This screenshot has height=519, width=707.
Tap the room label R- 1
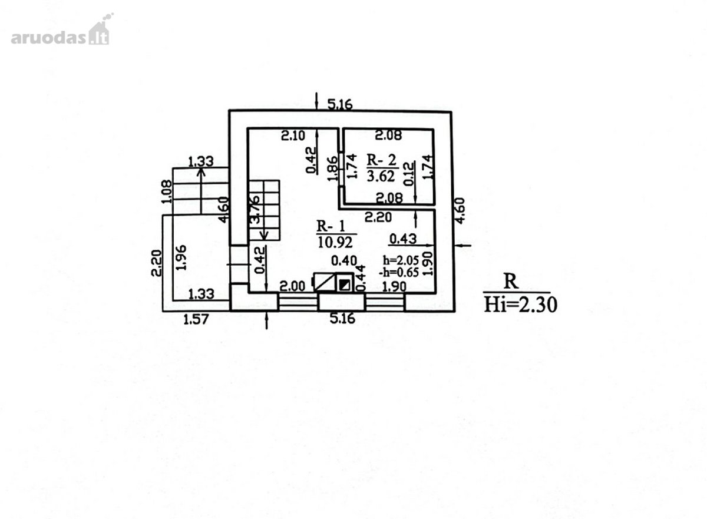[331, 226]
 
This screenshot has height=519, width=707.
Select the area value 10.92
[335, 242]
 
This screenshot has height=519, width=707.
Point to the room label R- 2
[381, 160]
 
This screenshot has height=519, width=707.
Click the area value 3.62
[381, 176]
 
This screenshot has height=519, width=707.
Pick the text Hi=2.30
[521, 305]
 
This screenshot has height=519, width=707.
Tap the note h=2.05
[401, 260]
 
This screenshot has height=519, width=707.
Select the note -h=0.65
[399, 272]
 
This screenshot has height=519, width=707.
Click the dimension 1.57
[196, 320]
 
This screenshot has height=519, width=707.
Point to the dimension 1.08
[166, 191]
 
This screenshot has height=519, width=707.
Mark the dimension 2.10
[293, 135]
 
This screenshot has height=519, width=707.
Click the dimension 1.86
[332, 169]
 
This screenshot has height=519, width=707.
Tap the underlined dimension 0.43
[403, 239]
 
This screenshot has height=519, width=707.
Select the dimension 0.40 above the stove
[344, 260]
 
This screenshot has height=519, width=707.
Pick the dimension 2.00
[293, 286]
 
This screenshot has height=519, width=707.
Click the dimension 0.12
[409, 174]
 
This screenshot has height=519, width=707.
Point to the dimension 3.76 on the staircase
[255, 210]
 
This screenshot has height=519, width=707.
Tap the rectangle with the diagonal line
[325, 282]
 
